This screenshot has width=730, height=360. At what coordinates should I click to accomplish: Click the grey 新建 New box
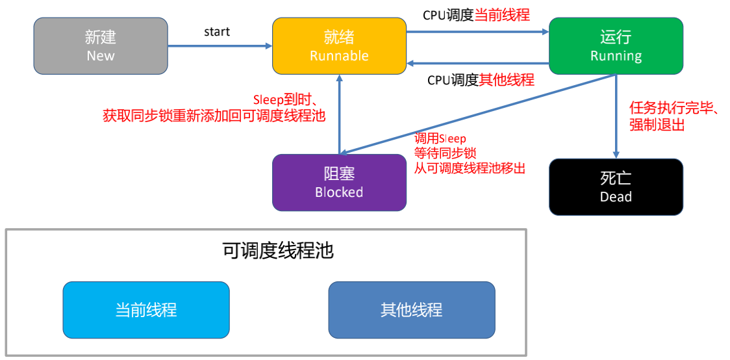101,45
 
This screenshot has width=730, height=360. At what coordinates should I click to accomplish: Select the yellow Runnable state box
339,45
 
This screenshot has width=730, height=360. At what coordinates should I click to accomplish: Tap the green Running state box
616,45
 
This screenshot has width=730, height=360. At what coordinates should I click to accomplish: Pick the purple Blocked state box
339,183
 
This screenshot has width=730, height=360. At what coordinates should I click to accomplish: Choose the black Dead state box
616,186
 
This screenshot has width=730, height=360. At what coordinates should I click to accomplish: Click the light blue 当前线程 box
146,310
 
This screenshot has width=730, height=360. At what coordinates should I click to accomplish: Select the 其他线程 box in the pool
412,310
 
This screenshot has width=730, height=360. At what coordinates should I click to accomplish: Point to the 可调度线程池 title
278,251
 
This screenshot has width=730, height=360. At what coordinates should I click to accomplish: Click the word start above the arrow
217,32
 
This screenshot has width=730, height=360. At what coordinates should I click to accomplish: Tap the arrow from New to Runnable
220,45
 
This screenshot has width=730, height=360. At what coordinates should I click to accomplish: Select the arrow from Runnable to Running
477,32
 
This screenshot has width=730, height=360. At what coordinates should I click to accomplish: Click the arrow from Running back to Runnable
477,63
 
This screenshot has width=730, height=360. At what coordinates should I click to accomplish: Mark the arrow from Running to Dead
616,116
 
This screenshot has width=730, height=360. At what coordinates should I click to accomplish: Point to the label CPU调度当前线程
476,15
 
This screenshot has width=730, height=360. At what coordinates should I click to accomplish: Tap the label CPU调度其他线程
481,80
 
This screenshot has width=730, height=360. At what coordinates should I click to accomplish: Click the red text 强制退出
657,125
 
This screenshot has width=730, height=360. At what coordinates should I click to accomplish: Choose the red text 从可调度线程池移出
470,167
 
